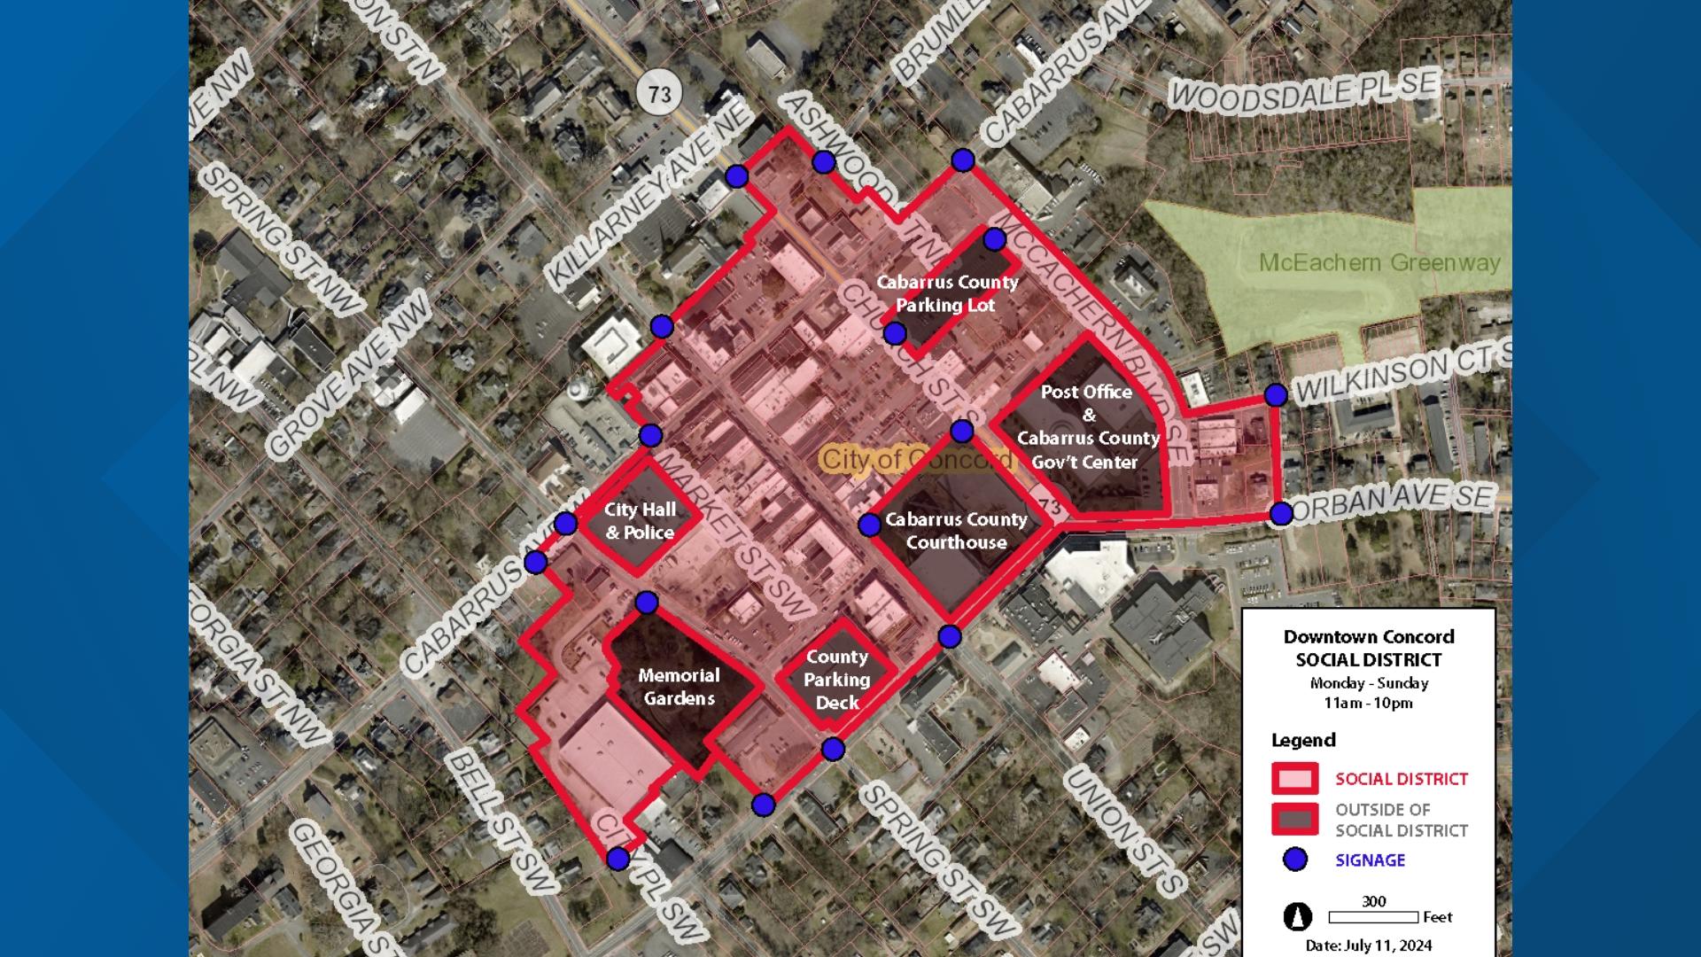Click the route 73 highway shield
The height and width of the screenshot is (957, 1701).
click(659, 93)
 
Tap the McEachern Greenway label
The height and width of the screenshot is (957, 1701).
click(1379, 262)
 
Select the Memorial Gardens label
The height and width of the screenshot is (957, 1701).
click(679, 687)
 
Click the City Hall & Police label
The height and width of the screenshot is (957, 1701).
click(640, 521)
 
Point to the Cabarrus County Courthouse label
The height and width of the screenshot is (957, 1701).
click(956, 531)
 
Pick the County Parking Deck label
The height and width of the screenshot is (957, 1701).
click(837, 680)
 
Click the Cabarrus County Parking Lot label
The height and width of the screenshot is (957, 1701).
click(947, 293)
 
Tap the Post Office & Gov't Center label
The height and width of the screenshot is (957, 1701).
click(1088, 426)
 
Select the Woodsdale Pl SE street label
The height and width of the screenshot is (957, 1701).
click(1303, 91)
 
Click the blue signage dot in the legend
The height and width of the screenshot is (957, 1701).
click(1295, 860)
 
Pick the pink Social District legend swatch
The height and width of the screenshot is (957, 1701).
click(1295, 779)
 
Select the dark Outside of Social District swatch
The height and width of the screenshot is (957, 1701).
click(1295, 819)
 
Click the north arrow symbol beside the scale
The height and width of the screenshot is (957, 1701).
click(1298, 917)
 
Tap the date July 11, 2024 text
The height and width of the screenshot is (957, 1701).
click(1368, 945)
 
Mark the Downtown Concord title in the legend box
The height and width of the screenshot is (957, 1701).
click(1368, 636)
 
